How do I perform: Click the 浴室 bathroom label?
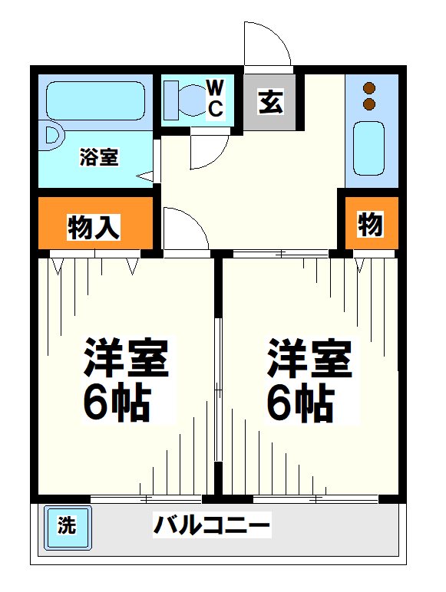click(x=99, y=159)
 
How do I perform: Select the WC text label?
click(x=216, y=97)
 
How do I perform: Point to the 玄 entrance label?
click(x=269, y=102)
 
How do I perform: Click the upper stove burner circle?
click(x=370, y=87)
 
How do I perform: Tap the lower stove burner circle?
click(x=370, y=104)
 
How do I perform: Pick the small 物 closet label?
click(x=369, y=225)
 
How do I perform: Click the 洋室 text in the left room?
click(x=126, y=358)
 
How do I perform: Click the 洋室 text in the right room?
click(x=310, y=358)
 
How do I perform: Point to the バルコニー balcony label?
click(x=211, y=527)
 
